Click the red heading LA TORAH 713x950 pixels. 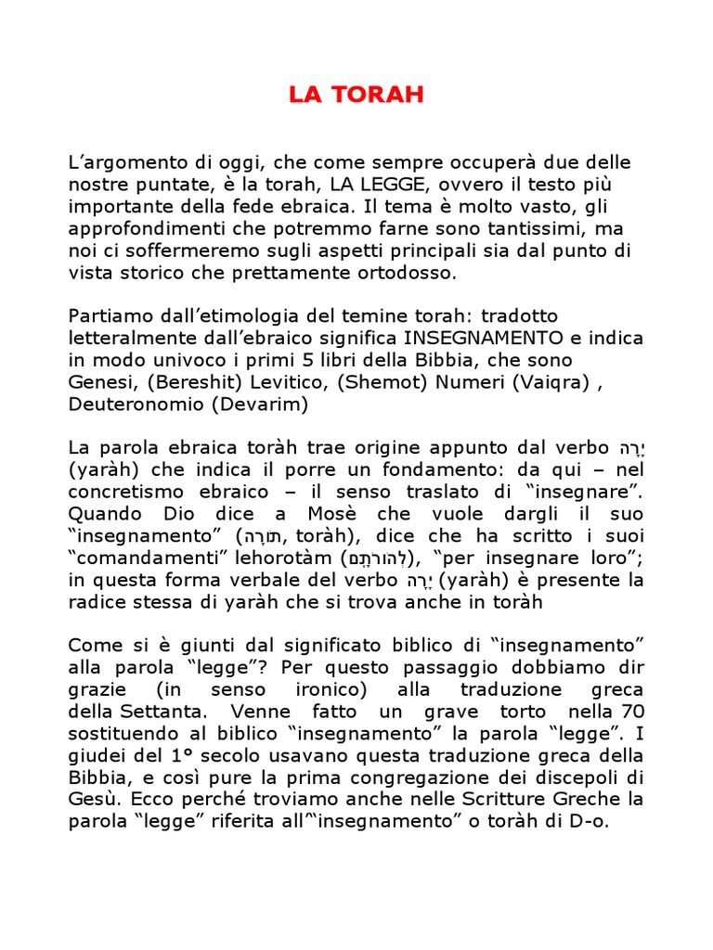(x=356, y=95)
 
